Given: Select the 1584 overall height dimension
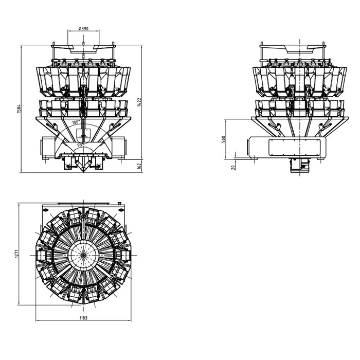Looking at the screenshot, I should [x=19, y=109].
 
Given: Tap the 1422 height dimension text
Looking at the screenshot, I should [x=139, y=102].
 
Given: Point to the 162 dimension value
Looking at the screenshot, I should [x=139, y=166].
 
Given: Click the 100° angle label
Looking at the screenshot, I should [x=76, y=122].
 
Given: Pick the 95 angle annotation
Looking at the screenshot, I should [x=79, y=145].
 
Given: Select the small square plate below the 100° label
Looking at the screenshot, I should [x=82, y=133].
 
